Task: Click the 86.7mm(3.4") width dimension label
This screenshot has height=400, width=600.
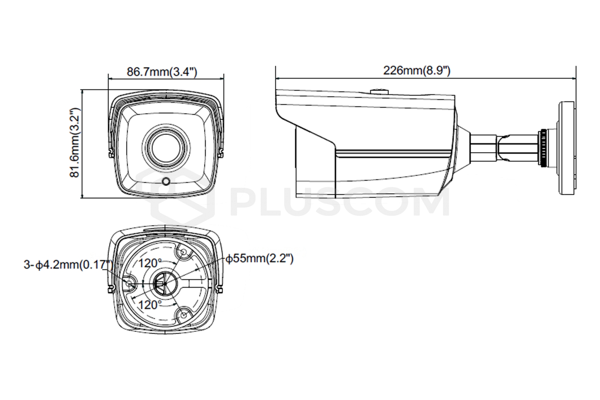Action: tap(162, 71)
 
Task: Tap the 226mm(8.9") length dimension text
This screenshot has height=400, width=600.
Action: tap(417, 71)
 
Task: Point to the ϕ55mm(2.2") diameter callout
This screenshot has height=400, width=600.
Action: tap(260, 259)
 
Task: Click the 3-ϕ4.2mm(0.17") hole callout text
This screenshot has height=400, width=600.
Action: tap(68, 265)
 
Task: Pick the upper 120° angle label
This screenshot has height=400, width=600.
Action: tap(150, 263)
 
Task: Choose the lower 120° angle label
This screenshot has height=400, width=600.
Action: tap(150, 304)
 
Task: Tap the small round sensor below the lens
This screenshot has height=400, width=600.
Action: tap(166, 181)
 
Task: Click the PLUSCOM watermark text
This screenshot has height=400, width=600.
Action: tap(339, 202)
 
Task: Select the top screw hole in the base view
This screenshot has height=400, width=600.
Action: tap(183, 253)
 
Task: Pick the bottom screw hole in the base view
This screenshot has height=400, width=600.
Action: tap(183, 314)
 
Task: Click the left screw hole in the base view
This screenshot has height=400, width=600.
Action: tap(129, 283)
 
